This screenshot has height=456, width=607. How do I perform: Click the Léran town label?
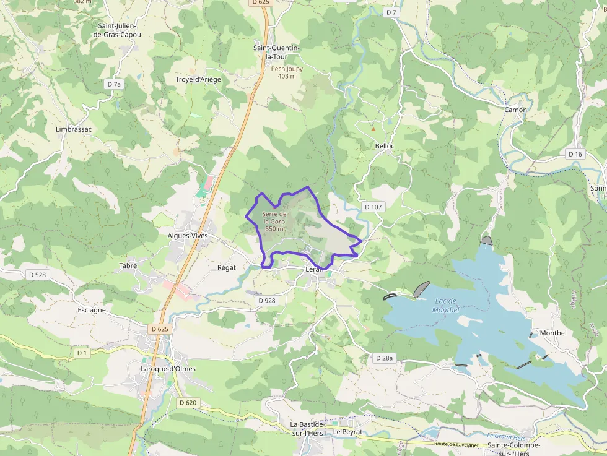point(315,270)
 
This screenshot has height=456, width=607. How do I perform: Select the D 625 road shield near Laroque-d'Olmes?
point(159,329)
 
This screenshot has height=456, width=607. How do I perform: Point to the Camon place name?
point(516,110)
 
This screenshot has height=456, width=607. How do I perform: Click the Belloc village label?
point(385,146)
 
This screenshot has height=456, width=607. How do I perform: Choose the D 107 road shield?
point(373,207)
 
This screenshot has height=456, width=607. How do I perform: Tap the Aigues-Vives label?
point(188,236)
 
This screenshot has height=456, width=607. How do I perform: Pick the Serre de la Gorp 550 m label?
point(274,222)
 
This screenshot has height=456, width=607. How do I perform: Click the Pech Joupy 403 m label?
point(287,72)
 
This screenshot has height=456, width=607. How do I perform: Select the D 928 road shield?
point(266,300)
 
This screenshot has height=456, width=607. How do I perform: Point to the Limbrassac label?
point(74,129)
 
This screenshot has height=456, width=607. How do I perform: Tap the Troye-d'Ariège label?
point(198,79)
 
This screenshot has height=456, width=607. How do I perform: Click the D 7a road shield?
point(115,84)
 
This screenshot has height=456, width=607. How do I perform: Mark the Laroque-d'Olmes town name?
point(168,369)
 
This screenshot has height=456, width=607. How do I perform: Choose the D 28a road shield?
point(385,358)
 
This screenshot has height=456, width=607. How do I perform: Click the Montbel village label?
point(553,333)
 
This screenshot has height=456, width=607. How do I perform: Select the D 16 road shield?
point(575,153)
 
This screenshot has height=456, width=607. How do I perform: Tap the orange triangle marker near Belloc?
point(373,129)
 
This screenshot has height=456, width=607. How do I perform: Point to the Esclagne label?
point(92,310)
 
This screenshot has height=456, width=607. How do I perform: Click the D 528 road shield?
point(37,274)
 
